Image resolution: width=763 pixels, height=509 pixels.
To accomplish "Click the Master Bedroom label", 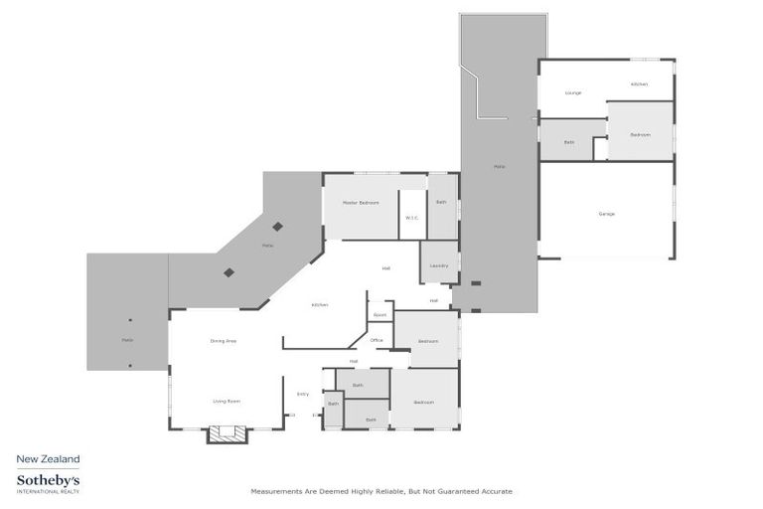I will coord(361,203).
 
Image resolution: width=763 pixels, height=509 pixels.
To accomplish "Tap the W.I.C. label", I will coord(411,219).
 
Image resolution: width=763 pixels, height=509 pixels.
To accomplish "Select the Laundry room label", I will coord(438,265).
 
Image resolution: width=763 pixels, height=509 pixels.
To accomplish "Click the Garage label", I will coord(606,214).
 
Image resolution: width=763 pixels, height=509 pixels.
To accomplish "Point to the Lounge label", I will coord(572,92).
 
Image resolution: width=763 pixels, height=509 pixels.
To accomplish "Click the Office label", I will coord(377,340).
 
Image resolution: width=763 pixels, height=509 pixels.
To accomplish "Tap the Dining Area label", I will coord(223,341).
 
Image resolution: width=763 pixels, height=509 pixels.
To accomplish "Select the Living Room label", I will coord(227,402).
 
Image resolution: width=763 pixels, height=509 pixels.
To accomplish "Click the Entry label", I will coord(303,394).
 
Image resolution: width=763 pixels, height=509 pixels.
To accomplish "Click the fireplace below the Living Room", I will coord(227,434).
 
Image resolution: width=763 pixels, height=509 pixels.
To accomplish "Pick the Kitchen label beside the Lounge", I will coord(639,85).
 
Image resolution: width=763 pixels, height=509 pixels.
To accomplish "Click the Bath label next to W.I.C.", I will coord(441,203).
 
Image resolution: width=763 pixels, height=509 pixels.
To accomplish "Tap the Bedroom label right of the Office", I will coord(427,341).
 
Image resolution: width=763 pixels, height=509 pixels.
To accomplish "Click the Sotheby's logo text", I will coord(48,480).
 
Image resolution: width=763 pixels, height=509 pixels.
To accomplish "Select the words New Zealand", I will coord(48,458).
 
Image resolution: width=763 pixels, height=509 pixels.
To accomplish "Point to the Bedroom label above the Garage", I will coord(640,134).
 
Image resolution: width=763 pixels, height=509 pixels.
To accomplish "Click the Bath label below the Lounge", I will coord(569,142).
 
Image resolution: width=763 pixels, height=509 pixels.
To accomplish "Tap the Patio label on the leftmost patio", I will coord(127,341).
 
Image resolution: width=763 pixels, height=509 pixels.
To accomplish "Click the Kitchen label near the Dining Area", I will coord(320,304).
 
